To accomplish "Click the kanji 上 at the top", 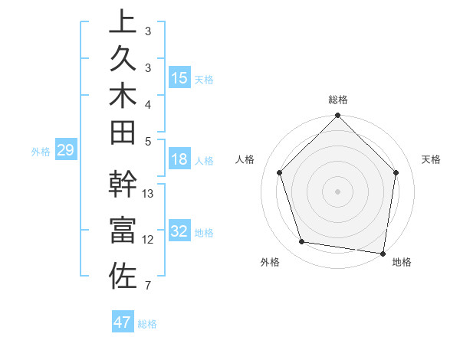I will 123,21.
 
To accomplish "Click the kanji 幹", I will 123,185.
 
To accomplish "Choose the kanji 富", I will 123,231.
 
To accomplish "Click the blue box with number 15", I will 179,77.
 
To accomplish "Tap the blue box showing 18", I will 179,159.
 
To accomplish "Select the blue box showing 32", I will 179,231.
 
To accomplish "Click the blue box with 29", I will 65,150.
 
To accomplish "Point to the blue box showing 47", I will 123,322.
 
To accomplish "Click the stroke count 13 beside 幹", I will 149,194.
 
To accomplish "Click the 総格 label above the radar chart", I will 337,100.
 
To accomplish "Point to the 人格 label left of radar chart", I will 245,159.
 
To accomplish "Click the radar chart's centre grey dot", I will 337,191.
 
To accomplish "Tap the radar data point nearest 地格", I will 383,253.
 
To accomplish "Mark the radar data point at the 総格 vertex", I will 337,116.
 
